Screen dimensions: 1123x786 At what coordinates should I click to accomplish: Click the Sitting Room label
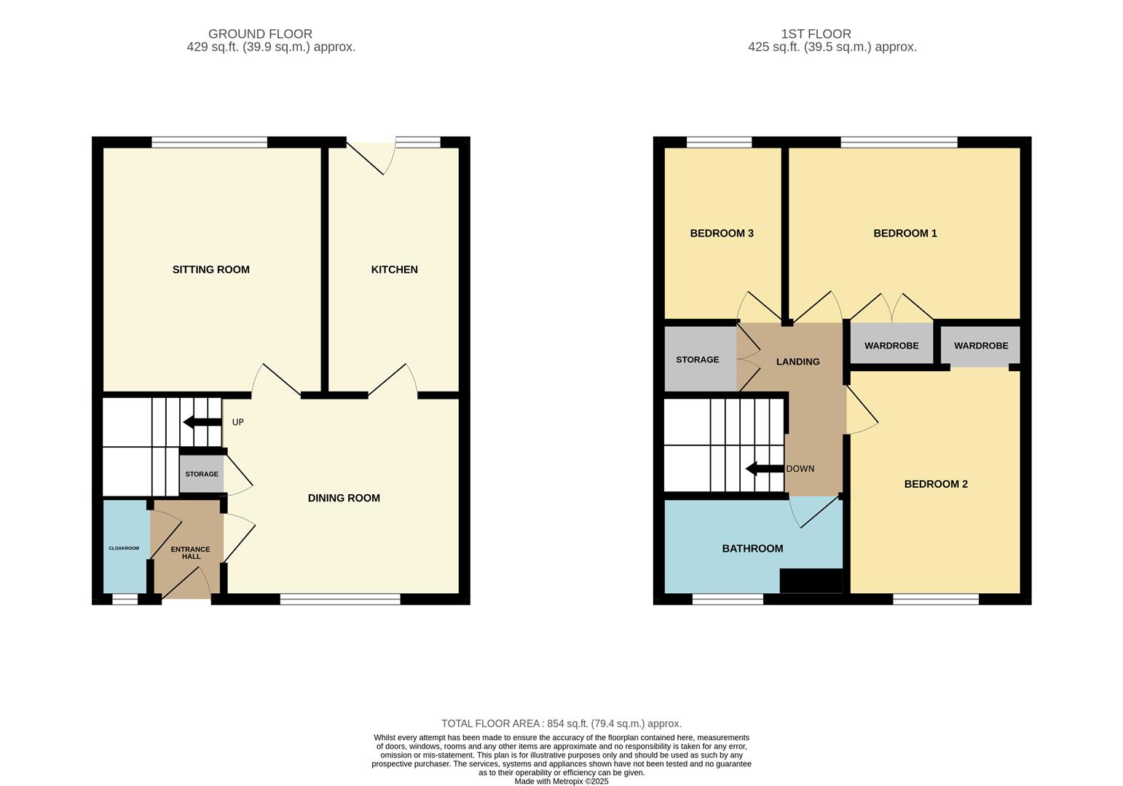[210, 269]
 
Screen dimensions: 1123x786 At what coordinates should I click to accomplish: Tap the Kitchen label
[394, 269]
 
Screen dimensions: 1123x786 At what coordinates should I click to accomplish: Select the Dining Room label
[344, 498]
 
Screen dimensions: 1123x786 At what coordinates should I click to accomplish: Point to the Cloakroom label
[124, 548]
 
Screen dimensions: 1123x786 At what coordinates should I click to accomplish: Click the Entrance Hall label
[191, 552]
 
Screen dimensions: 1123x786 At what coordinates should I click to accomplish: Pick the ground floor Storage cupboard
[202, 474]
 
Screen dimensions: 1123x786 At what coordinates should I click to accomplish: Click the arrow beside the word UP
[202, 422]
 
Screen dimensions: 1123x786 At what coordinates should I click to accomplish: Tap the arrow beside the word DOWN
[765, 469]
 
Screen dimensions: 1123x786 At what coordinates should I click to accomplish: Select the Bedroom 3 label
[722, 233]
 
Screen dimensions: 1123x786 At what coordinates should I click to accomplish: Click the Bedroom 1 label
[905, 233]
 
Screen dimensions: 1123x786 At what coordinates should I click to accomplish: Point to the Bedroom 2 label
[936, 484]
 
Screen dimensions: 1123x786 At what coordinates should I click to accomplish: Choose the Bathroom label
[752, 549]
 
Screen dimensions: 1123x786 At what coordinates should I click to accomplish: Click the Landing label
[797, 362]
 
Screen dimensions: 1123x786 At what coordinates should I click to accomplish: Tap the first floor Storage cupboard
[701, 360]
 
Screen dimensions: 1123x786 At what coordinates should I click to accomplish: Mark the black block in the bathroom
[811, 581]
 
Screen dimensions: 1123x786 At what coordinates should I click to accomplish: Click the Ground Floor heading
[260, 33]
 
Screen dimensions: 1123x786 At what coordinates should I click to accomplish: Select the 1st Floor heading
[816, 33]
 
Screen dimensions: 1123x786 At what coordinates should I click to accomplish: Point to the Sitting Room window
[210, 142]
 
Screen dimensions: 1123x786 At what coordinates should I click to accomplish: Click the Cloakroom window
[125, 599]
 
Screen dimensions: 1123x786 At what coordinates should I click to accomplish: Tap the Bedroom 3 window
[720, 142]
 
